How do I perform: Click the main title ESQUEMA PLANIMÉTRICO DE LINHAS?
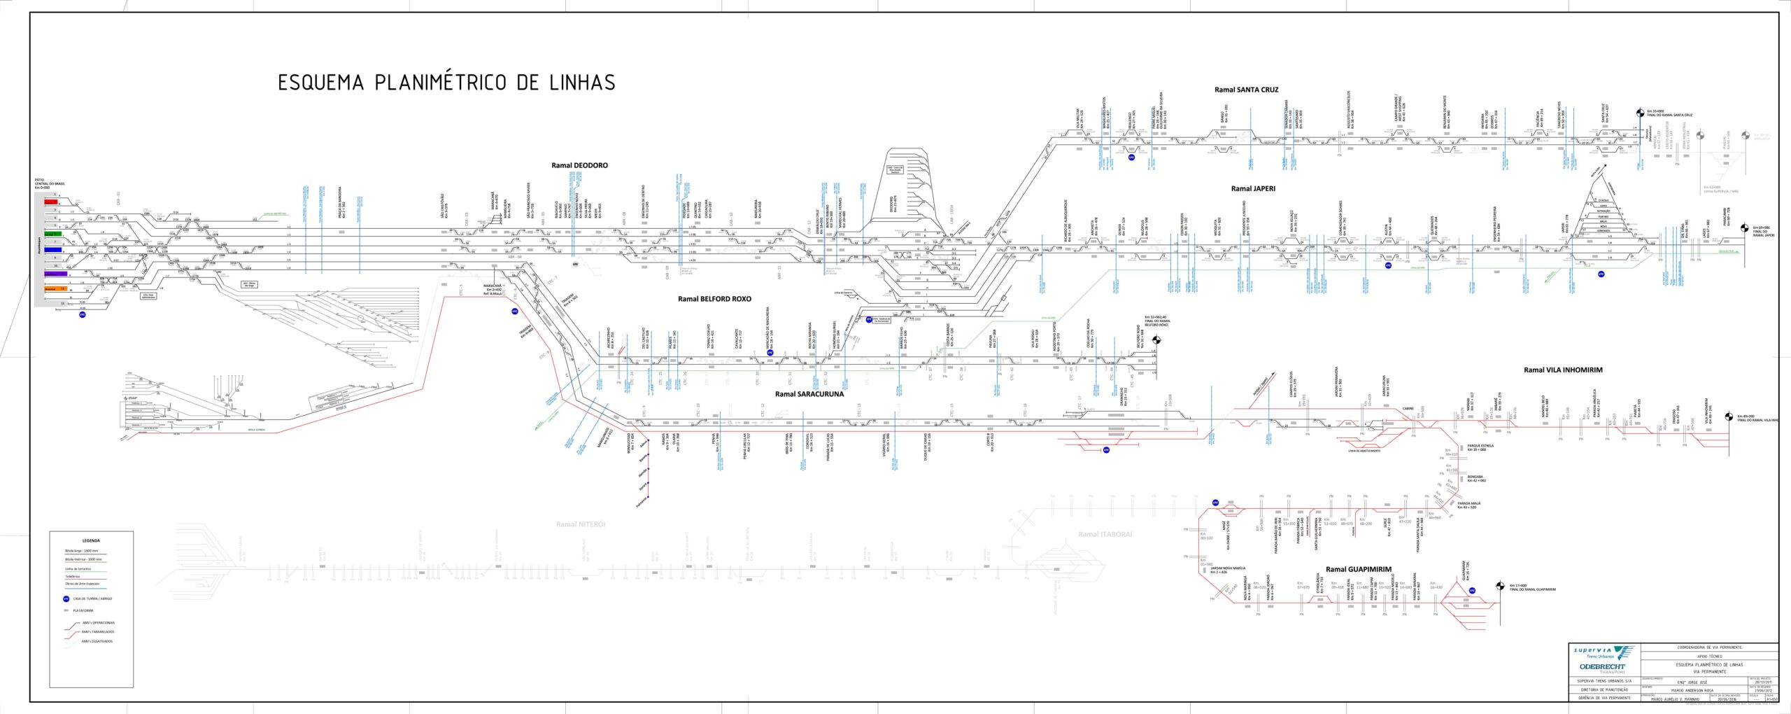click(446, 83)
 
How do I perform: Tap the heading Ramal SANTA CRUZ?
click(1246, 90)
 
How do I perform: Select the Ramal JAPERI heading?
click(1253, 188)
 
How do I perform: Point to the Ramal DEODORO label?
click(579, 166)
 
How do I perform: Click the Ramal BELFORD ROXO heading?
click(714, 299)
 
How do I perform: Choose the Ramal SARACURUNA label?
click(809, 394)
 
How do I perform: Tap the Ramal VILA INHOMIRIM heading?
click(1563, 370)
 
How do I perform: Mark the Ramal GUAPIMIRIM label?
click(1358, 570)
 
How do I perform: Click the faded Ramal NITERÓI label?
click(581, 524)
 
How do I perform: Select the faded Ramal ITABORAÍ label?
click(1105, 534)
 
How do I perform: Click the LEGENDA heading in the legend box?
click(91, 540)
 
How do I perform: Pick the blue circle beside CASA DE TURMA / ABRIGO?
click(66, 598)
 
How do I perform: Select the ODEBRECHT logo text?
click(1603, 667)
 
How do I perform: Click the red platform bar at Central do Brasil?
click(51, 202)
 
